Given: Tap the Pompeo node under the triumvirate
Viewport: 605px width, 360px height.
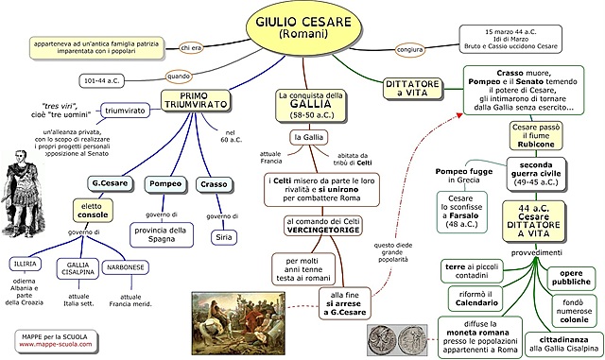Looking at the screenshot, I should coord(166,185).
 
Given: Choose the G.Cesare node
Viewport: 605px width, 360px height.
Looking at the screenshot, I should coord(110,182).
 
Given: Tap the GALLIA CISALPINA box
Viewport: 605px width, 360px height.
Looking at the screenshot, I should coord(78,269).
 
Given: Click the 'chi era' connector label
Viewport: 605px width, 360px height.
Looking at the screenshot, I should coord(192,47).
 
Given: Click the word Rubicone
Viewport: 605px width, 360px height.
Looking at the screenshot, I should coord(535,145).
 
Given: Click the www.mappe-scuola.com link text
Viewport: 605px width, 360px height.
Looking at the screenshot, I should coord(55,344).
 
